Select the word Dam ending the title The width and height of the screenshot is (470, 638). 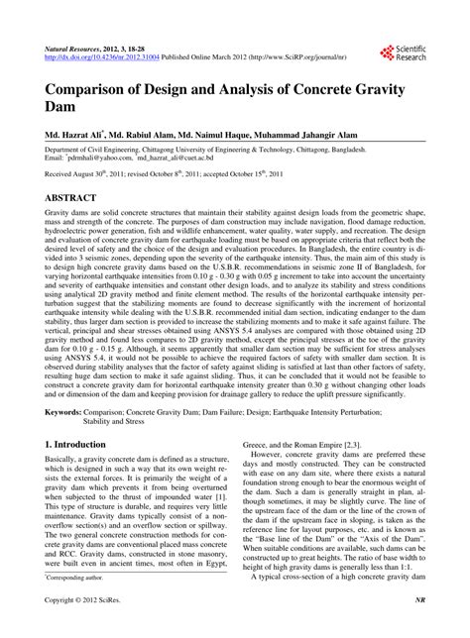[x=61, y=111]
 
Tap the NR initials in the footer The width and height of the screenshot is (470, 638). [x=419, y=628]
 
